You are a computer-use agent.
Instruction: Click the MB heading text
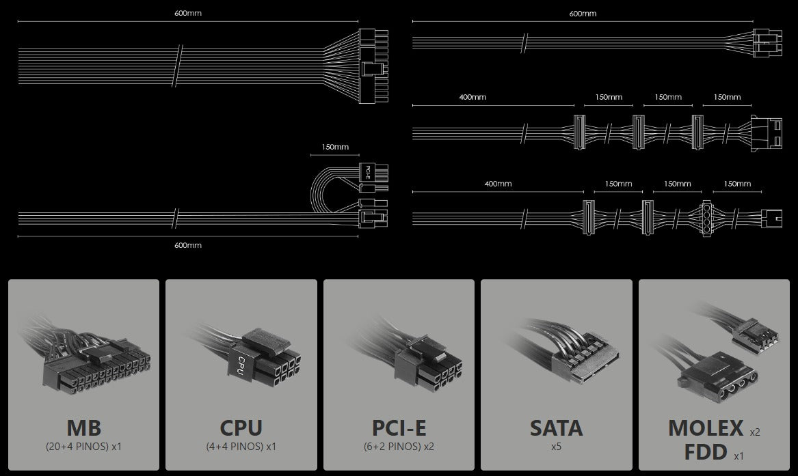coord(84,428)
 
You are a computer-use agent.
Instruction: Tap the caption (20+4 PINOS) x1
coord(84,447)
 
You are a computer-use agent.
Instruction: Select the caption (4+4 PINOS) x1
coord(241,447)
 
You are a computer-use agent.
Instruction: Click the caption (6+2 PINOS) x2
coord(399,447)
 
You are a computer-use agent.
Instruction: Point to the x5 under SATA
coord(556,447)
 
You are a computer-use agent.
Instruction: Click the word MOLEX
coord(706,428)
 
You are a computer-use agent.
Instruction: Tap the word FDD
coord(706,451)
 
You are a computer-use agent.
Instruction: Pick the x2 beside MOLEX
coord(755,432)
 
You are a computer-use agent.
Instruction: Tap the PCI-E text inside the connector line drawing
coord(368,172)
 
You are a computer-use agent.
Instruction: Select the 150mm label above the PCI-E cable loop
coord(335,147)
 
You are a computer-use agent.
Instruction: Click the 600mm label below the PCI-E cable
coord(188,245)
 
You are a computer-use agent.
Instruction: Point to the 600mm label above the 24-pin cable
coord(188,13)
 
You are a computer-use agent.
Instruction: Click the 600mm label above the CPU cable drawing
coord(583,13)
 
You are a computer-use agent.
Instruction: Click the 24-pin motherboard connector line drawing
coord(373,66)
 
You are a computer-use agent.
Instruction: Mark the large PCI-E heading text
coord(399,428)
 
